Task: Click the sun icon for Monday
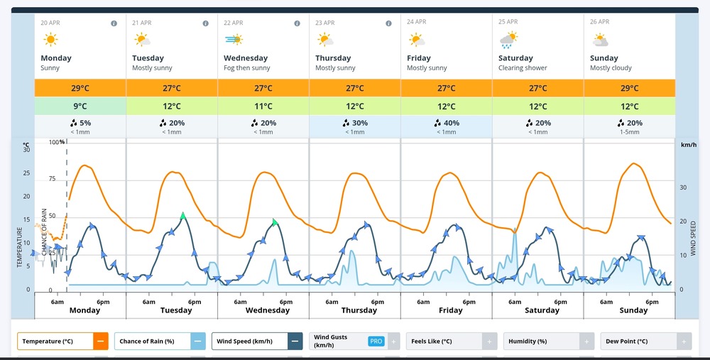click(x=51, y=40)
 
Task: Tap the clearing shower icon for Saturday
click(x=508, y=40)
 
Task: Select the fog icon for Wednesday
click(x=233, y=40)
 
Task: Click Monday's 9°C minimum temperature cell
click(x=80, y=107)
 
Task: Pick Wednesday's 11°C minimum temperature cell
click(x=263, y=107)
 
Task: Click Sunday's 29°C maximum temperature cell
click(x=629, y=88)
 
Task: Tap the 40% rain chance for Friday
click(x=446, y=122)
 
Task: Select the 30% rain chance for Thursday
click(x=354, y=122)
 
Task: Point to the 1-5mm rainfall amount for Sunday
click(x=629, y=131)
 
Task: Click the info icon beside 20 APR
click(x=114, y=23)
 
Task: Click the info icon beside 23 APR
click(x=388, y=23)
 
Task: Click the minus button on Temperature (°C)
click(x=101, y=342)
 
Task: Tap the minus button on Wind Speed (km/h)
click(x=295, y=342)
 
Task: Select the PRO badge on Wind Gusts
click(x=376, y=342)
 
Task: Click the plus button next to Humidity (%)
click(x=586, y=342)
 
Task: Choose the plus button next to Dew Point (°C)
click(x=683, y=342)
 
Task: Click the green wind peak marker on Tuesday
click(x=182, y=214)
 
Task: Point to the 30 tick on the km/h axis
click(x=684, y=187)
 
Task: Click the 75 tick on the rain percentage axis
click(x=53, y=179)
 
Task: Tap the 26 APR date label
click(x=599, y=23)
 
